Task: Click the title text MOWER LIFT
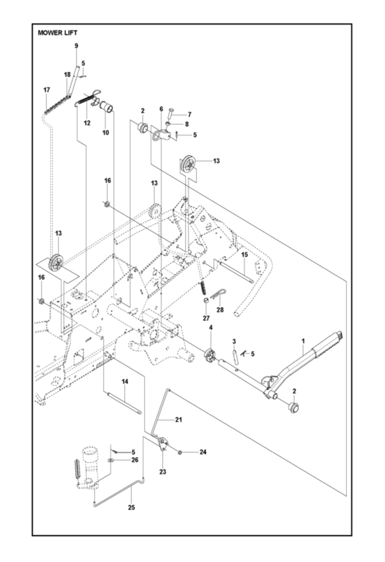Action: click(58, 33)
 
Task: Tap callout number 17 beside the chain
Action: click(46, 90)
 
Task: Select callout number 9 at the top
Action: click(77, 46)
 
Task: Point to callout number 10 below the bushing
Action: click(105, 132)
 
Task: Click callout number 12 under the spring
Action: click(87, 123)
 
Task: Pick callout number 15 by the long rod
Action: click(245, 255)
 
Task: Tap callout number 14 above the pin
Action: click(125, 381)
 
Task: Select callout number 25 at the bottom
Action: click(131, 507)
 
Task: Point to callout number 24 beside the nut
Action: click(202, 452)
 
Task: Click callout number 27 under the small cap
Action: click(205, 318)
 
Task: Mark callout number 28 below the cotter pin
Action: click(220, 311)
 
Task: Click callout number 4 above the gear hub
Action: click(211, 327)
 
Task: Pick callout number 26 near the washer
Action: click(134, 460)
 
